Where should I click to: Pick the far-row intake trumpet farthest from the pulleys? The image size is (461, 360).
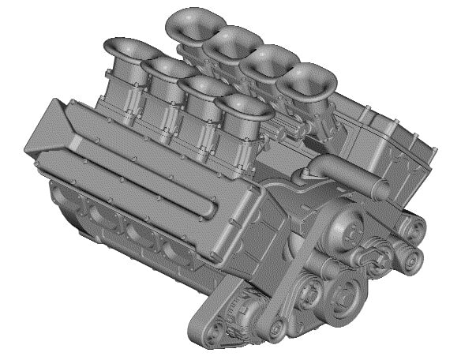pyautogui.click(x=194, y=21)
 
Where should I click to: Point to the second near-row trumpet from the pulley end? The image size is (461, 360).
pyautogui.click(x=204, y=86)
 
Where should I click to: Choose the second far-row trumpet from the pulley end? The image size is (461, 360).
pyautogui.click(x=268, y=60)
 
